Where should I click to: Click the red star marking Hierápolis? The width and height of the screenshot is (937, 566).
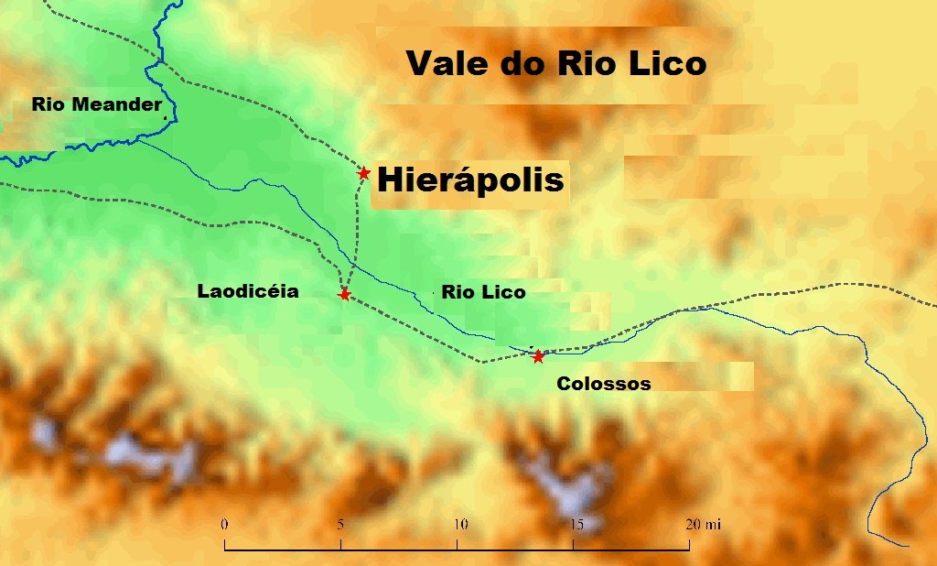pyautogui.click(x=363, y=173)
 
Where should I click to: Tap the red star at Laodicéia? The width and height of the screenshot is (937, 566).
pyautogui.click(x=344, y=294)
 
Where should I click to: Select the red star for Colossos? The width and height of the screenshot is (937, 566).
pyautogui.click(x=538, y=356)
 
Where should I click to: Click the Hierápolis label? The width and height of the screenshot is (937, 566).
pyautogui.click(x=470, y=180)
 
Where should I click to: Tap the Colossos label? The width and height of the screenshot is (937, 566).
pyautogui.click(x=604, y=384)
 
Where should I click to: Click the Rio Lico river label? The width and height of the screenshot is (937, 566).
pyautogui.click(x=483, y=293)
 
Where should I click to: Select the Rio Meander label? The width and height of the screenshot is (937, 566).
pyautogui.click(x=97, y=104)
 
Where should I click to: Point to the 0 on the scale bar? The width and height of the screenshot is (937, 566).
pyautogui.click(x=224, y=525)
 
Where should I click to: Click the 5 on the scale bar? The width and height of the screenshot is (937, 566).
pyautogui.click(x=340, y=525)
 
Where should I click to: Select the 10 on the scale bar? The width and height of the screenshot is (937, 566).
pyautogui.click(x=461, y=525)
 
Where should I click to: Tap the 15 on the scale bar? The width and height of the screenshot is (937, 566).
pyautogui.click(x=576, y=525)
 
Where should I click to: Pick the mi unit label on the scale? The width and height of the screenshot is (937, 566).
pyautogui.click(x=714, y=525)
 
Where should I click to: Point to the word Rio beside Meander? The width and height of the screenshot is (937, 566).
pyautogui.click(x=47, y=104)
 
